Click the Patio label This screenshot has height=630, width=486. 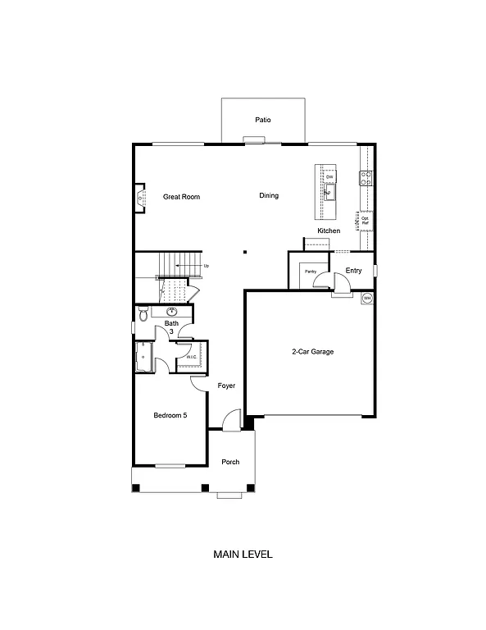pos(262,120)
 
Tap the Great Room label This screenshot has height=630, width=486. pos(181,197)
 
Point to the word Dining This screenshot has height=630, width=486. pos(269,196)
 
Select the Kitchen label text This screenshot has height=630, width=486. pos(329,231)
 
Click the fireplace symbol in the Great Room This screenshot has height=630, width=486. pos(141,198)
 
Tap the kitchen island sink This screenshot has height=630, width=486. pos(329,194)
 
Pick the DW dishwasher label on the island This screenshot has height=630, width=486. pos(329,177)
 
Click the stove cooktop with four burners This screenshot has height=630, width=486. pos(366,176)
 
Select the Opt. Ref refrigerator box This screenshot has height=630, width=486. pos(366,220)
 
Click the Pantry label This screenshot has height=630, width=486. pos(311,271)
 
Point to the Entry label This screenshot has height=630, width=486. pos(353,271)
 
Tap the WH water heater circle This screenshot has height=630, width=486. pos(367,298)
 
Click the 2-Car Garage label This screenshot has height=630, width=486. pos(311,352)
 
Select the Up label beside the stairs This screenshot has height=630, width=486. pos(206,266)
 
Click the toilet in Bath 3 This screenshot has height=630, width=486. pos(143,314)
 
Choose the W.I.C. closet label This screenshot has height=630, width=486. pos(191,357)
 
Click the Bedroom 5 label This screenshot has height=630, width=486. pos(170,416)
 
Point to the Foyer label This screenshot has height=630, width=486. pos(226,386)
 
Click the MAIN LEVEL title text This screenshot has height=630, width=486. pos(243,555)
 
